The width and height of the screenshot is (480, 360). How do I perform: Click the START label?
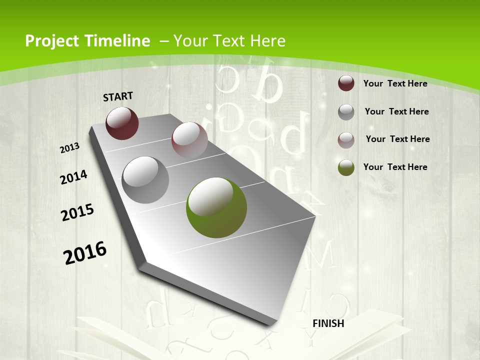[118, 96]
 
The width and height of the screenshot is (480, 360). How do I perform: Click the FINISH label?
[328, 323]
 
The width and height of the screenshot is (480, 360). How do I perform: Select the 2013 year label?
[70, 147]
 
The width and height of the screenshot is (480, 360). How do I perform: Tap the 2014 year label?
[73, 177]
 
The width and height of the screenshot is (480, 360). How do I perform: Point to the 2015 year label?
[77, 212]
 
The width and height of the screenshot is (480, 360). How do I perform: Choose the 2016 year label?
[85, 252]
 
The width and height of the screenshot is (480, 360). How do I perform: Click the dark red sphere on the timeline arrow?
[122, 123]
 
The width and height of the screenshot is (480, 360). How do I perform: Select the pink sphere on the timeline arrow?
[189, 140]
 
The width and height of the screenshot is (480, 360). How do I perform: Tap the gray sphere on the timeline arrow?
[145, 180]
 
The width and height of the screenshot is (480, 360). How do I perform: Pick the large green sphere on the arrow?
[216, 207]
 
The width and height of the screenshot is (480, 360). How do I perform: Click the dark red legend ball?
[346, 83]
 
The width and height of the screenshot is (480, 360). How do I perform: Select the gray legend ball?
[346, 112]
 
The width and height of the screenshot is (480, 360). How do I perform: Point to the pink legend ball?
[346, 140]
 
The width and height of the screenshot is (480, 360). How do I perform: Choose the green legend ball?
[346, 167]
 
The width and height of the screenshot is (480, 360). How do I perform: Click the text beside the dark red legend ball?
[395, 83]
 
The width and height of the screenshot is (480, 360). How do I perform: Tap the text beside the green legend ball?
[395, 167]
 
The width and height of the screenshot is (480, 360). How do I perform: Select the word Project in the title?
[53, 41]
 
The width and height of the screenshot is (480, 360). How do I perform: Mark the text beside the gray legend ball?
[396, 111]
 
